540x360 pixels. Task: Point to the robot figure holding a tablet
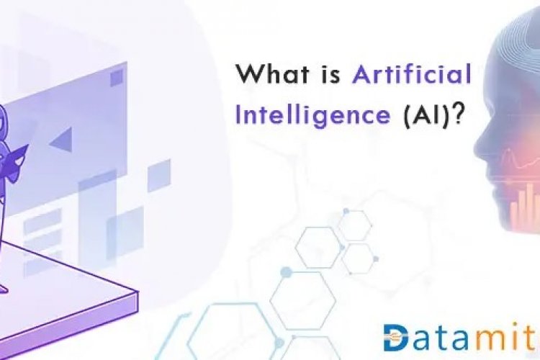(x=11, y=144)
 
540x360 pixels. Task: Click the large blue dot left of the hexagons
(x=286, y=272)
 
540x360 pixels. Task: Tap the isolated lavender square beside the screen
(x=158, y=175)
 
